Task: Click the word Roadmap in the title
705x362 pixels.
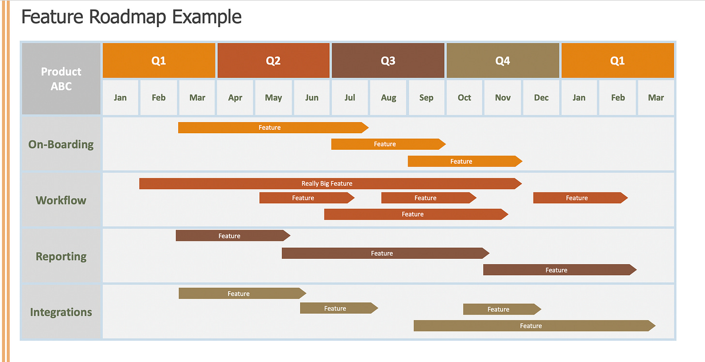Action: coord(127,17)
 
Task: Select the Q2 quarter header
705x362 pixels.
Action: coord(273,61)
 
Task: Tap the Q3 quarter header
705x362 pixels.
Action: coord(388,61)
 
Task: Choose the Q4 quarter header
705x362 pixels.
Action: coord(503,61)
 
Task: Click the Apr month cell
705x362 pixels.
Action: coord(235,98)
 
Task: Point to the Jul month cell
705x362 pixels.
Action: coord(350,98)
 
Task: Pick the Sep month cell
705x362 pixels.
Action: coord(426,98)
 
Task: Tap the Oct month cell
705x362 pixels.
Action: coord(464,98)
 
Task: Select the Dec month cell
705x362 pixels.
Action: coord(541,98)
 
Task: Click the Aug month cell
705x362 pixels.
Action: coord(388,98)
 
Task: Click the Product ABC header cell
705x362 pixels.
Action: coord(61,79)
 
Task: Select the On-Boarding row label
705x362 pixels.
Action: coord(61,144)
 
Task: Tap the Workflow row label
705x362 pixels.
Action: coord(61,200)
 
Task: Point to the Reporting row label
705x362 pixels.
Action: coord(61,256)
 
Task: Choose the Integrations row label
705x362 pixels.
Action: coord(61,312)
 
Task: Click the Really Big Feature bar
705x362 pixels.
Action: coord(330,184)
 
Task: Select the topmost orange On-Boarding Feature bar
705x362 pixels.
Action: coord(273,127)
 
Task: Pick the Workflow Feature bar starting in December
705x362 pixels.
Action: coord(581,198)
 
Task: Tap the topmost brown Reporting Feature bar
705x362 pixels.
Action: coord(233,236)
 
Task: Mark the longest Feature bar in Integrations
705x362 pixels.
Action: coord(535,326)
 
